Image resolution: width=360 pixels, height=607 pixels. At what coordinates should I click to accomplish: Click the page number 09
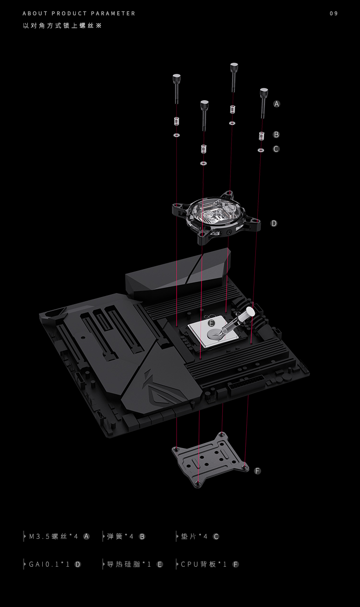(334, 13)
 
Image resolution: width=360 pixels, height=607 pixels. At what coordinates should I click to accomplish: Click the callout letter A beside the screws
(276, 104)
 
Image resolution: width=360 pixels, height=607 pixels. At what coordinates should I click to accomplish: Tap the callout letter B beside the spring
(276, 134)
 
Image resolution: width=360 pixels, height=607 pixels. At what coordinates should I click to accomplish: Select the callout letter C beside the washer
(276, 149)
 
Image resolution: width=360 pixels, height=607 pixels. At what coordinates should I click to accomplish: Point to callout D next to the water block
(274, 223)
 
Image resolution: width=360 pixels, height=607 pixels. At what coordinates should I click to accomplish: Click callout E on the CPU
(212, 323)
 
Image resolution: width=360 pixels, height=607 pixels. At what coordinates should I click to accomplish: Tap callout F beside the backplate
(257, 471)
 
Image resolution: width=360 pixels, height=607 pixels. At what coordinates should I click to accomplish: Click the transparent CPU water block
(216, 217)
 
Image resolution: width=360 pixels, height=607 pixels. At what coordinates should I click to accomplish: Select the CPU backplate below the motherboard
(210, 460)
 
